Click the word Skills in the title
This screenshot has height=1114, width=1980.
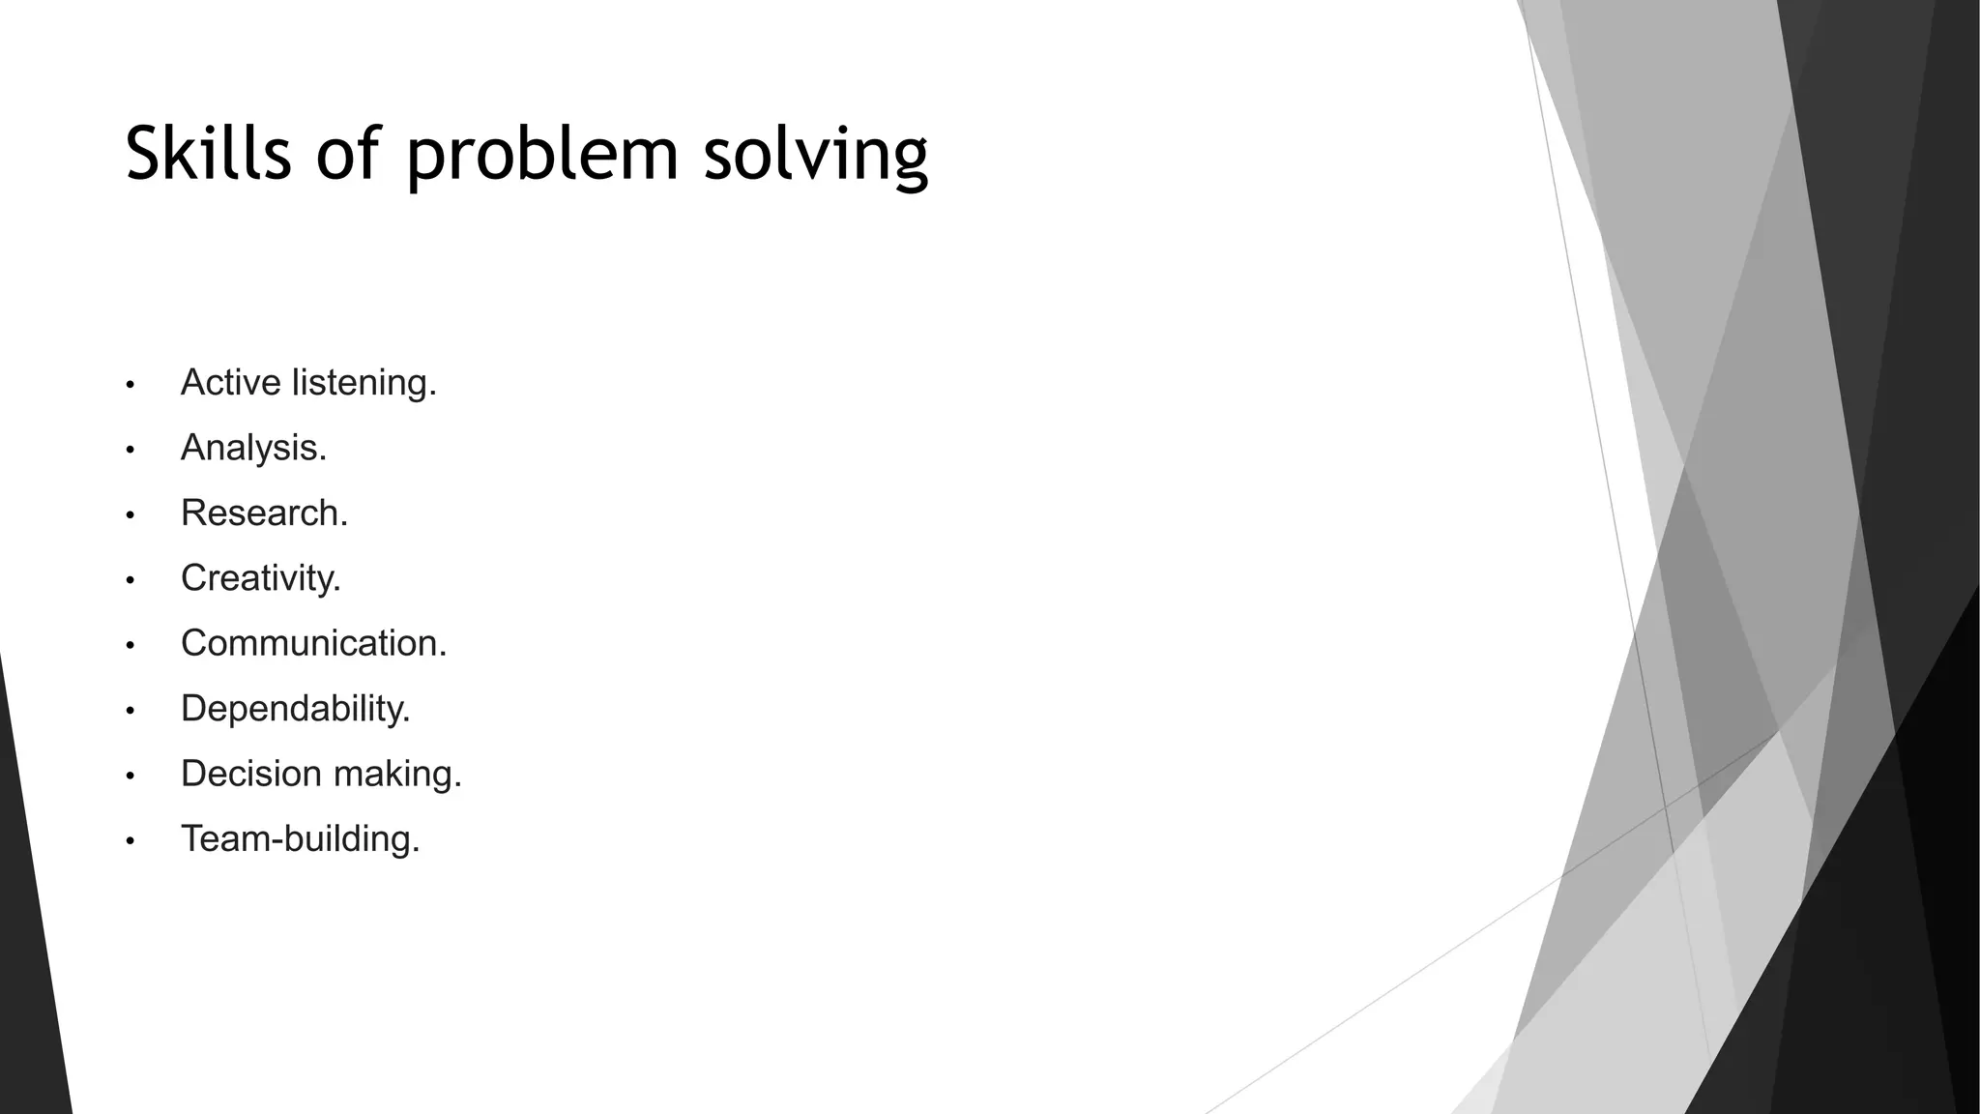[x=208, y=154]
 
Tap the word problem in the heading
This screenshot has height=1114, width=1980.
[x=542, y=156]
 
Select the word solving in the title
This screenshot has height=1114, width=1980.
[x=816, y=156]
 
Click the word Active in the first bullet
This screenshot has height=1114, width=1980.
[x=231, y=383]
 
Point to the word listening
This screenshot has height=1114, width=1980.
[x=364, y=384]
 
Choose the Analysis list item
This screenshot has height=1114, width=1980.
[x=253, y=448]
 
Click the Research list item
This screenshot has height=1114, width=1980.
[x=264, y=513]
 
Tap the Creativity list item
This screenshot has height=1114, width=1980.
[x=261, y=578]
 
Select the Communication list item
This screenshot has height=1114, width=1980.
[x=313, y=643]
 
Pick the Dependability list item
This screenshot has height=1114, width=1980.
[x=296, y=709]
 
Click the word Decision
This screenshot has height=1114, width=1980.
[x=251, y=774]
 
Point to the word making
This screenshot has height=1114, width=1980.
[x=397, y=775]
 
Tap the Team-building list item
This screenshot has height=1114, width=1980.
[x=300, y=838]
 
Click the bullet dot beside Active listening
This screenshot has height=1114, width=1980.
[x=130, y=386]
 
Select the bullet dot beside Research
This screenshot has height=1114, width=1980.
[x=130, y=515]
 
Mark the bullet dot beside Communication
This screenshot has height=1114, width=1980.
[x=130, y=646]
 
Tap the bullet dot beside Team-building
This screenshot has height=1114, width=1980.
[x=130, y=841]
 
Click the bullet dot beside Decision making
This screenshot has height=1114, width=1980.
[x=130, y=777]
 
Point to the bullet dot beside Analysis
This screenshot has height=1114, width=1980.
[x=130, y=451]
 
